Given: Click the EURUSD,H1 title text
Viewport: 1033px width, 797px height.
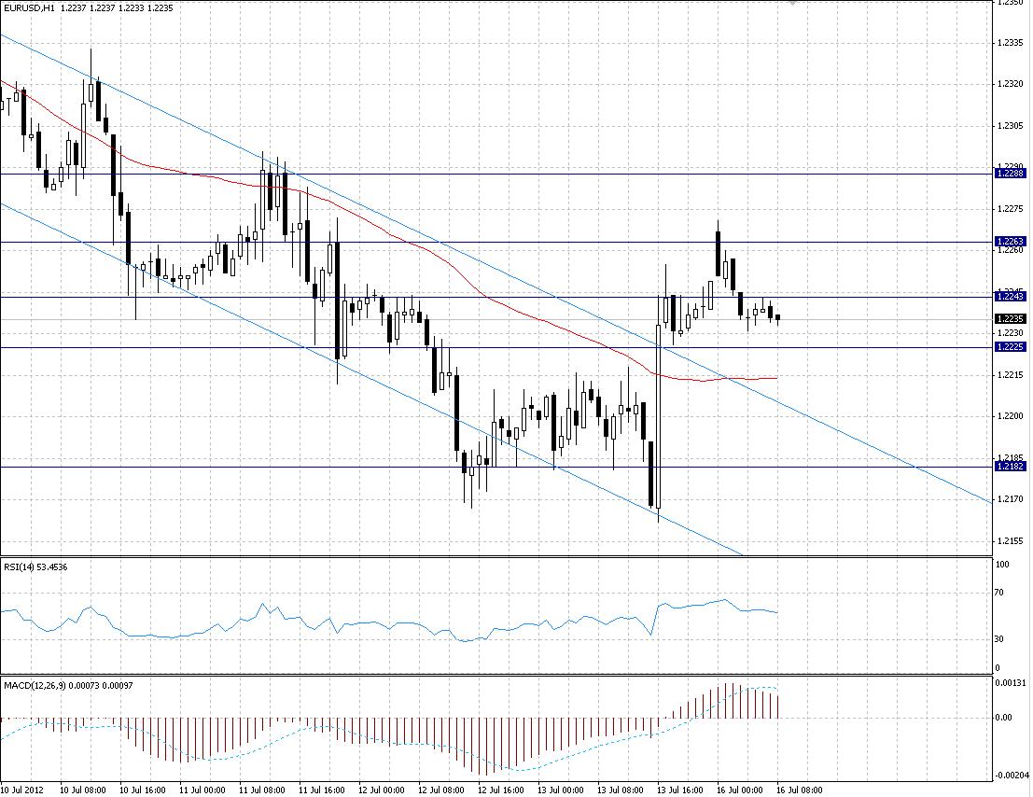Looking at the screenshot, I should (x=28, y=7).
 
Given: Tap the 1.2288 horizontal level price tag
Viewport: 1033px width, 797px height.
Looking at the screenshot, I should (x=1011, y=174).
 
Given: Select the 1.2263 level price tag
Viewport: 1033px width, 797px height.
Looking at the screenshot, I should (x=1011, y=242).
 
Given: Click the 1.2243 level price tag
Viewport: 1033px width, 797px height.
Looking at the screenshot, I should (x=1011, y=296).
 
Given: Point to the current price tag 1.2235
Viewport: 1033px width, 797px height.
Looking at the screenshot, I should (x=1011, y=318).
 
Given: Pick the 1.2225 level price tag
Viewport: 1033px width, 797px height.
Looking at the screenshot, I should (x=1011, y=346).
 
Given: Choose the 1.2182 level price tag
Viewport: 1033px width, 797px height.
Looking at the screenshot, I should (x=1011, y=466).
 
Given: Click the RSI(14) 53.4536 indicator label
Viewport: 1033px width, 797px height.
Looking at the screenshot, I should (x=35, y=566).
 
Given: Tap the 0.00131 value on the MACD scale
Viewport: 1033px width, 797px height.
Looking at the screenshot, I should (x=1010, y=684).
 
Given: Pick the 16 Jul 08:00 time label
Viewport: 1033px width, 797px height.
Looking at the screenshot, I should (x=798, y=790).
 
